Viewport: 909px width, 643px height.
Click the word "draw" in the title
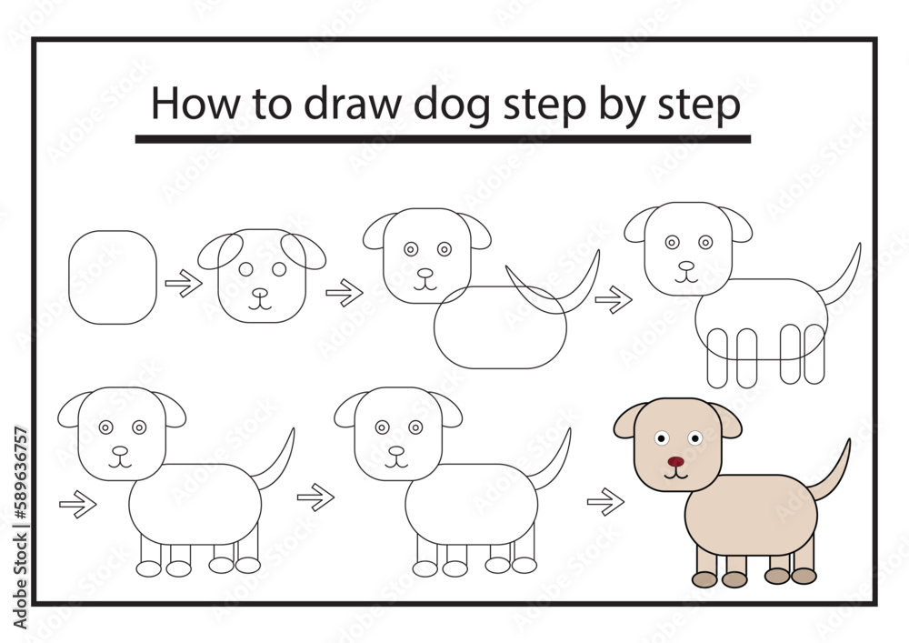coord(353,105)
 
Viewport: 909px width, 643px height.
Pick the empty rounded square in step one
coord(113,276)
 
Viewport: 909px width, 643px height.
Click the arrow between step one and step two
coord(184,285)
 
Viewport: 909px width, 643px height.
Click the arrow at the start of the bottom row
coord(78,504)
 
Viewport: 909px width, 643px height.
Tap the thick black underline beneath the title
coord(443,139)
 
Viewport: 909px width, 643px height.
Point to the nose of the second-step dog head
coord(261,293)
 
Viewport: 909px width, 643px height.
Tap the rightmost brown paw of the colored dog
coord(804,576)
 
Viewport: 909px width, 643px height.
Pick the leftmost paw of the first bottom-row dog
coord(149,568)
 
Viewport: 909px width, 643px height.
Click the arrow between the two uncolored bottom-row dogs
coord(315,497)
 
